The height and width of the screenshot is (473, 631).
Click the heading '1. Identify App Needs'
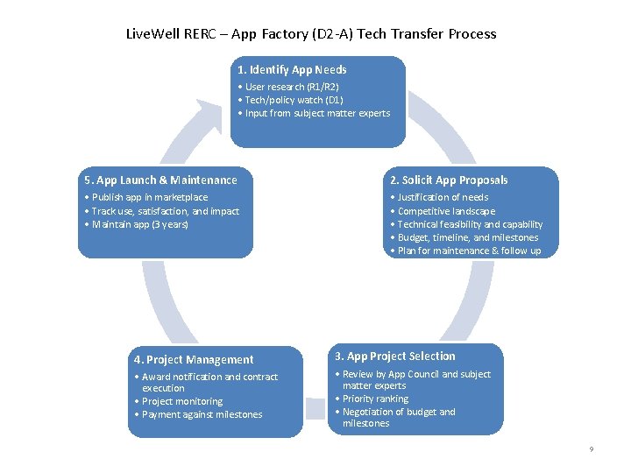pyautogui.click(x=292, y=69)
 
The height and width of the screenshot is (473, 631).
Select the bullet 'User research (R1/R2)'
pyautogui.click(x=291, y=87)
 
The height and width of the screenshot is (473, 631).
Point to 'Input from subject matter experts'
pyautogui.click(x=316, y=113)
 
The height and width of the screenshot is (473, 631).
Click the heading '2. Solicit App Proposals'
pyautogui.click(x=449, y=180)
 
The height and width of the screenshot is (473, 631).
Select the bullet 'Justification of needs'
pyautogui.click(x=442, y=197)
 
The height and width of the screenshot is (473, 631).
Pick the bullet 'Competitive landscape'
pyautogui.click(x=445, y=211)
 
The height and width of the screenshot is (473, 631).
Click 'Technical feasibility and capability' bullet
pyautogui.click(x=469, y=224)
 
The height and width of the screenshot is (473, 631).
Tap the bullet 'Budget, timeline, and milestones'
pyautogui.click(x=467, y=237)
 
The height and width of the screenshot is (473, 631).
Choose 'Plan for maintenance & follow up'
pyautogui.click(x=468, y=251)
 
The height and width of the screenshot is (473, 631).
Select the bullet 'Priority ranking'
pyautogui.click(x=374, y=399)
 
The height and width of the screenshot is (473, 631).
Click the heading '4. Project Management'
pyautogui.click(x=194, y=359)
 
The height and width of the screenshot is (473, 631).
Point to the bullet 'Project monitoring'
pyautogui.click(x=181, y=401)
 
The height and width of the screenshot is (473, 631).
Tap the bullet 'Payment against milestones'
pyautogui.click(x=201, y=414)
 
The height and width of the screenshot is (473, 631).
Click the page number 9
pyautogui.click(x=591, y=449)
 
